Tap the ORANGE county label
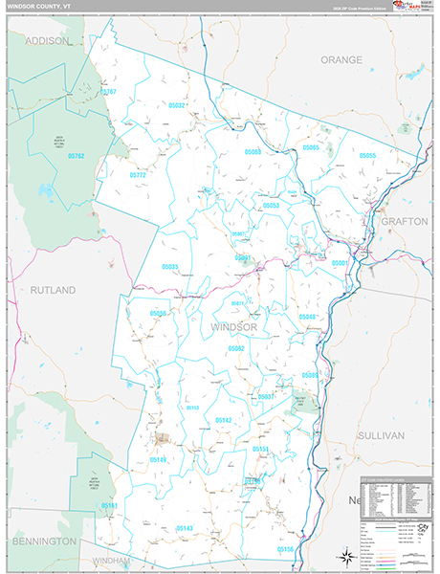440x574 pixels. coord(341,59)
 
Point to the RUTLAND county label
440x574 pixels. coord(52,288)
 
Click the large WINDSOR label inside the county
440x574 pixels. coord(233,327)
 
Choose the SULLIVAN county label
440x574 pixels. coord(381,434)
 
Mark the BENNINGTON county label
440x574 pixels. coord(44,541)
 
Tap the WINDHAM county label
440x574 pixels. coord(111,561)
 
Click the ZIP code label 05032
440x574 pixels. coord(177,105)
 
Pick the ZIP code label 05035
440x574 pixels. coord(170,267)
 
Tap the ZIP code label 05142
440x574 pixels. coord(223,420)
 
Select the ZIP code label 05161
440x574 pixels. coord(110,505)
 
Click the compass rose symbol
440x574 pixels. coord(342,556)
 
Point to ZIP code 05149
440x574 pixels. coord(158,460)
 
